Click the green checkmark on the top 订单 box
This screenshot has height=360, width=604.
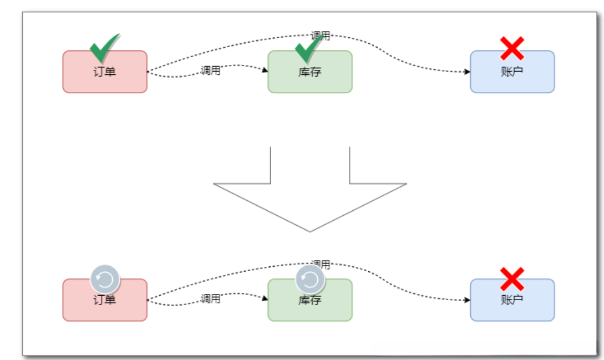pyautogui.click(x=105, y=48)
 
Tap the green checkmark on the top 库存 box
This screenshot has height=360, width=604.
pyautogui.click(x=309, y=48)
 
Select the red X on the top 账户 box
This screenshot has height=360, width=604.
pyautogui.click(x=512, y=49)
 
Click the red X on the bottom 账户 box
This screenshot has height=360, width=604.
pyautogui.click(x=512, y=278)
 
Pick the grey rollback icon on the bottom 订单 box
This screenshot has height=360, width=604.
pyautogui.click(x=105, y=279)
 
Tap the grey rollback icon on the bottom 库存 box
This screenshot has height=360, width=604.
pyautogui.click(x=310, y=279)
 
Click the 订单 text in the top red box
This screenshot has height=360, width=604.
pyautogui.click(x=104, y=72)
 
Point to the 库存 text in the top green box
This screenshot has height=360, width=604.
pyautogui.click(x=309, y=72)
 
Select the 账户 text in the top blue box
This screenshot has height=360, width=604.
pyautogui.click(x=512, y=72)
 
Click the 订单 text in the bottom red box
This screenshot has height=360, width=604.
pyautogui.click(x=104, y=300)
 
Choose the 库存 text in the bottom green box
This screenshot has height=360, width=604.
pyautogui.click(x=309, y=300)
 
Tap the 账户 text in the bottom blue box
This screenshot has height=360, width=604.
pyautogui.click(x=512, y=300)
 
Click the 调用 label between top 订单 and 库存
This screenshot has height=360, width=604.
pyautogui.click(x=211, y=70)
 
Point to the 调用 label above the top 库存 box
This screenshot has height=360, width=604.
pyautogui.click(x=321, y=36)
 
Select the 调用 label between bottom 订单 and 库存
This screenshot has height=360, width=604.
pyautogui.click(x=211, y=299)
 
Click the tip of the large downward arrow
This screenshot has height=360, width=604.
pyautogui.click(x=309, y=232)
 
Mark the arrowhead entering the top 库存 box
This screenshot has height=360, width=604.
pyautogui.click(x=266, y=70)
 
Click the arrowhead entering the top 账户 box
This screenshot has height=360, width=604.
pyautogui.click(x=468, y=72)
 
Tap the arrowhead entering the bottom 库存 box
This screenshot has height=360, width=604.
pyautogui.click(x=266, y=298)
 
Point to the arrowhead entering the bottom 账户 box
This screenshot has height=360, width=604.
pyautogui.click(x=468, y=300)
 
